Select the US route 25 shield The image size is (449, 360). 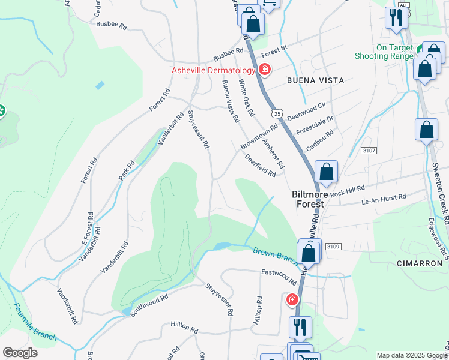coord(276,113)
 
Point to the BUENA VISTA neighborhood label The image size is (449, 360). coord(315,80)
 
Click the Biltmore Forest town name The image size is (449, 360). coord(307,199)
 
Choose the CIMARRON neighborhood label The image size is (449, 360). coord(420,263)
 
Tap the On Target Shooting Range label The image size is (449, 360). coord(394,52)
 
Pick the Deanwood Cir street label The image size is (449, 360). coord(306,110)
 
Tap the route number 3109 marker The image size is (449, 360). coord(333,246)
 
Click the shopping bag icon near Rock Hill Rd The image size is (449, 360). coord(325,172)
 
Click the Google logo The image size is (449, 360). coord(20,353)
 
